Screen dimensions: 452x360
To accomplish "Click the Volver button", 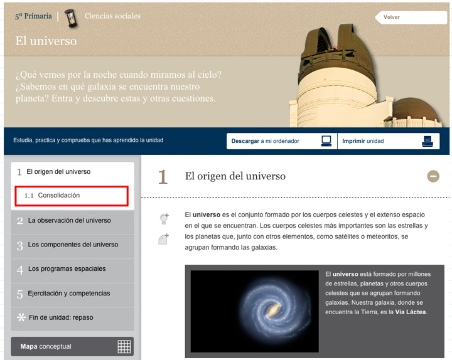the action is pos(411,18).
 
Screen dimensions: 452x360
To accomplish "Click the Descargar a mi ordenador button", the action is pos(282,141).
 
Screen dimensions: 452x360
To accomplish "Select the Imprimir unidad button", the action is pos(389,141).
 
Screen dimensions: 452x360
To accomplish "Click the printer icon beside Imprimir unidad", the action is pos(428,141).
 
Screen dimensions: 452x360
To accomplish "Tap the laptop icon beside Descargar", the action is pos(326,141).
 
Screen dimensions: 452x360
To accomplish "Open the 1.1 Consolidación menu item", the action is pos(72,196).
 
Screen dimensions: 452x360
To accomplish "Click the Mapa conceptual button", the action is pos(72,346).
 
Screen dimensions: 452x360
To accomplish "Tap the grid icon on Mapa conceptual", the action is pos(124,346).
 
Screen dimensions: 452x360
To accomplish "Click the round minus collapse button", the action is pos(433,176).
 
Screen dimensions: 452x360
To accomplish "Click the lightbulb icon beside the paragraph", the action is pos(164,219).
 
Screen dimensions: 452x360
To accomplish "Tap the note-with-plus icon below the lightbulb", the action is pos(164,239).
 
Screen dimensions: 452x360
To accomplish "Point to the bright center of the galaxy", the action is pos(272,310).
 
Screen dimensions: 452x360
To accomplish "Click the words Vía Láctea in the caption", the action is pos(411,312).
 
